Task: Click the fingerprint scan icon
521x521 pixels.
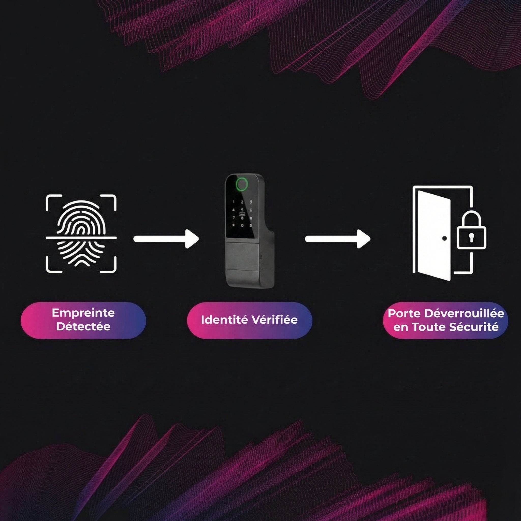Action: pos(81,234)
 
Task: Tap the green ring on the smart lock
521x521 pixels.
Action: pos(242,184)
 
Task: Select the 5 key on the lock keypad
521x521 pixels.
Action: pos(242,210)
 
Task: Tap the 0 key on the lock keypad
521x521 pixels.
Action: pos(242,225)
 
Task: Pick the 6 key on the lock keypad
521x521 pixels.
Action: pos(251,210)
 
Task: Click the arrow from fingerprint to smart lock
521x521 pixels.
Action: pos(166,239)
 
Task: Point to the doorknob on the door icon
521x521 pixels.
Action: pos(444,238)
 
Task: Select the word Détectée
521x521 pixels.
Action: pos(83,327)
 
